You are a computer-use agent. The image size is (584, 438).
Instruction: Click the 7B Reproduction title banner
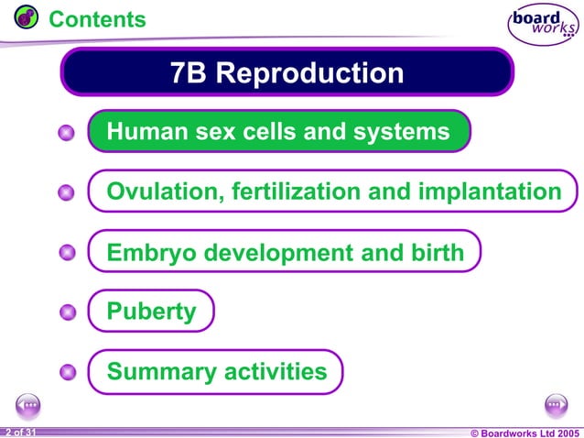(x=287, y=72)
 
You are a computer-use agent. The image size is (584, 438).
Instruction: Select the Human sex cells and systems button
(x=278, y=132)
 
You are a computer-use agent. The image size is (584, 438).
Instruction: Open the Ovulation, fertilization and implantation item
(x=333, y=192)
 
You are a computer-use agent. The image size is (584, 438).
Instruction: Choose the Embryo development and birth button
(x=285, y=252)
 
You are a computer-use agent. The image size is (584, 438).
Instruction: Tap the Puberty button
(x=151, y=312)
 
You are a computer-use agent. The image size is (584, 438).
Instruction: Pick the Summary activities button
(x=216, y=371)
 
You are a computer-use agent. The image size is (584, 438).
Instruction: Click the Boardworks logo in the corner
(x=542, y=25)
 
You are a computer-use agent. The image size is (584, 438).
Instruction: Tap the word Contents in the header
(x=97, y=18)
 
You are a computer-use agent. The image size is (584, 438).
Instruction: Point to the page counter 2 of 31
(x=19, y=431)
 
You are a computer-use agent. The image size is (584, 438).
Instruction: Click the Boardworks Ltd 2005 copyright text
(x=525, y=432)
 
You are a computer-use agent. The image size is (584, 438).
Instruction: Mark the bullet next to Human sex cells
(x=66, y=134)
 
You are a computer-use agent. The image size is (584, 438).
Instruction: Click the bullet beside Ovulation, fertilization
(x=66, y=193)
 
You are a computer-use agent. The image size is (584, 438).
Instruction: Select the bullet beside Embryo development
(x=66, y=253)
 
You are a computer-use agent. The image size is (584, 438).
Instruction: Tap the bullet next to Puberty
(x=66, y=312)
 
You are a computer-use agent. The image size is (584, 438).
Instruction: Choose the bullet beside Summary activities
(x=66, y=372)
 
